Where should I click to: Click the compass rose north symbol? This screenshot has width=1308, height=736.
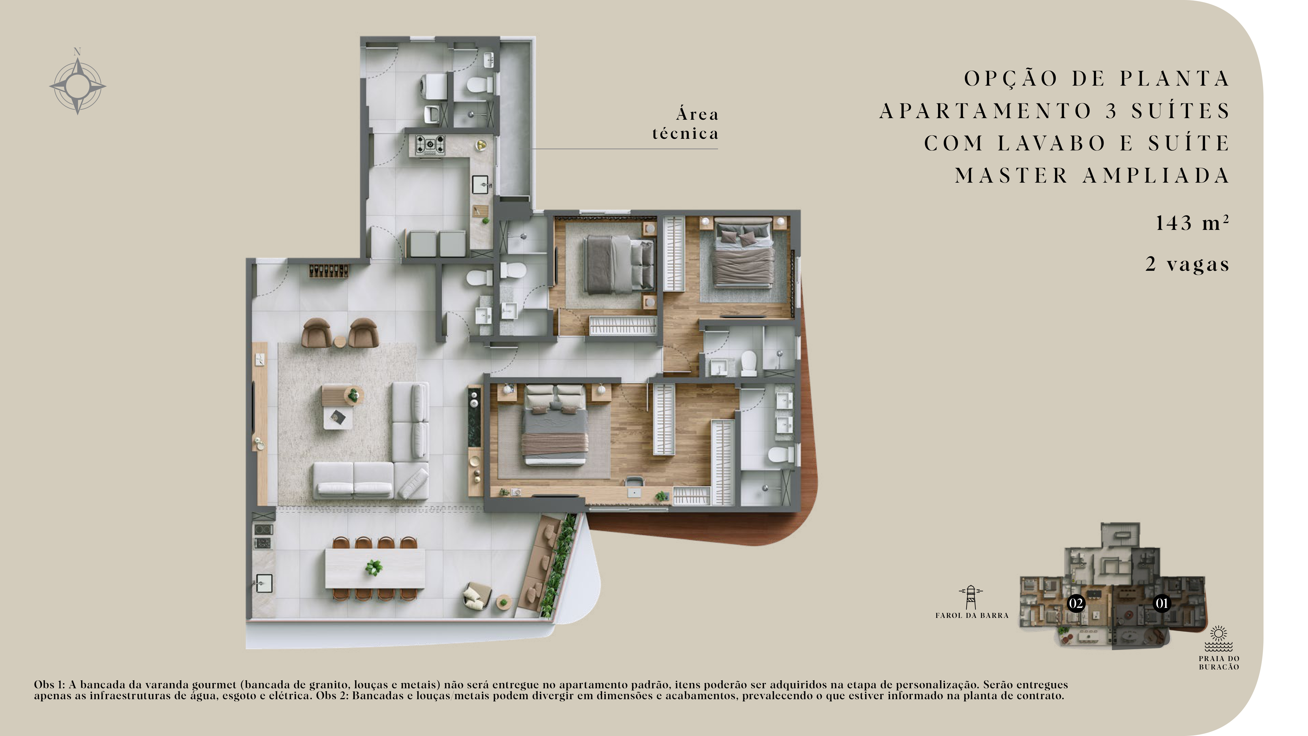(x=78, y=85)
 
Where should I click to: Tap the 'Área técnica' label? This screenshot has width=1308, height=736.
(x=686, y=123)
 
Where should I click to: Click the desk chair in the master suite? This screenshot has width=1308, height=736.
(x=634, y=482)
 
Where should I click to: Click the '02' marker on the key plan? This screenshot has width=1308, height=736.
(x=1076, y=603)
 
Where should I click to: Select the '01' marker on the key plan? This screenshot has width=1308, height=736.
(x=1162, y=603)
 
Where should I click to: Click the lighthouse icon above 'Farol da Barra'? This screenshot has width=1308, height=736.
(x=971, y=597)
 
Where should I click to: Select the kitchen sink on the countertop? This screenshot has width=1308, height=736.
(x=480, y=184)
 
